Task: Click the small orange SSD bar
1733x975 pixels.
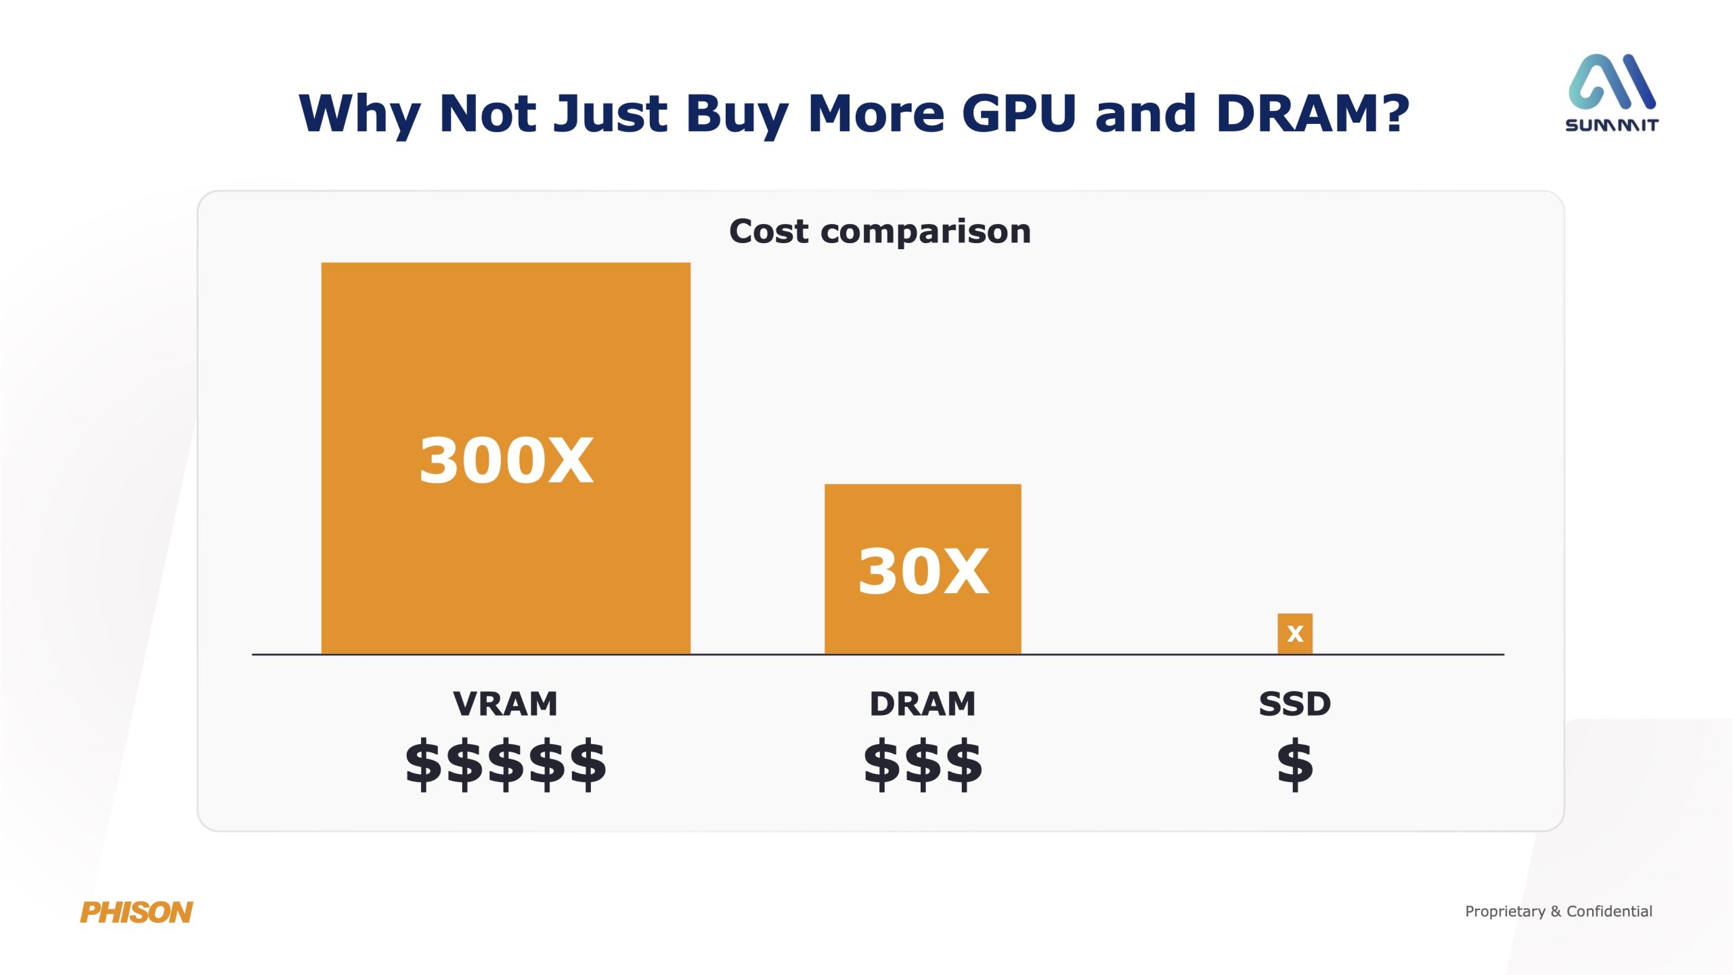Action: coord(1294,633)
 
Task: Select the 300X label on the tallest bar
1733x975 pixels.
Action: coord(506,460)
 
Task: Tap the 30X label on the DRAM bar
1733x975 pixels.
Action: coord(923,571)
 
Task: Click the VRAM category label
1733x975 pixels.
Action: coord(506,703)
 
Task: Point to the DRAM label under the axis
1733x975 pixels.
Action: coord(923,703)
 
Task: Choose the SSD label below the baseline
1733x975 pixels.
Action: coord(1294,703)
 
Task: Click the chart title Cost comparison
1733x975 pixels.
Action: coord(880,232)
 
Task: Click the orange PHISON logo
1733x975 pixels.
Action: coord(137,912)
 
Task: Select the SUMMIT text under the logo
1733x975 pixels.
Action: coord(1612,125)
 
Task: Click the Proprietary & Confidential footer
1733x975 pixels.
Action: coord(1558,911)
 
